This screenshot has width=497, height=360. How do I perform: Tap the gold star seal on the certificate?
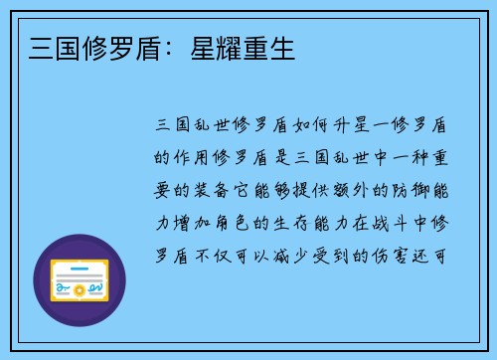tap(82, 289)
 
